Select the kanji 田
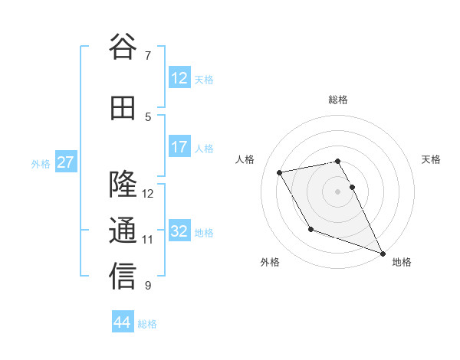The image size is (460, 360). pyautogui.click(x=123, y=108)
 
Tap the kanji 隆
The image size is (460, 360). pyautogui.click(x=123, y=185)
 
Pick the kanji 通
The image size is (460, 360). pyautogui.click(x=123, y=231)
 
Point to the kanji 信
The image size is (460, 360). pyautogui.click(x=123, y=277)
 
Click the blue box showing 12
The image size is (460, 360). pyautogui.click(x=179, y=77)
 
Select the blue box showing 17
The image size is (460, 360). pyautogui.click(x=179, y=147)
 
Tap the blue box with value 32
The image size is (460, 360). pyautogui.click(x=179, y=231)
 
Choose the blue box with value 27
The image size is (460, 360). pyautogui.click(x=66, y=162)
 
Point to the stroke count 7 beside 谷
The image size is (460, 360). pyautogui.click(x=148, y=55)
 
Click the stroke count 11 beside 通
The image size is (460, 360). pyautogui.click(x=148, y=239)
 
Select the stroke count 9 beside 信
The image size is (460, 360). pyautogui.click(x=148, y=286)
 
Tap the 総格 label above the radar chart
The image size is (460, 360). pyautogui.click(x=338, y=100)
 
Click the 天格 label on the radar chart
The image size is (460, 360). pyautogui.click(x=431, y=159)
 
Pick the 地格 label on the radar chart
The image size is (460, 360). pyautogui.click(x=402, y=262)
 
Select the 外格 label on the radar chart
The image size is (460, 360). pyautogui.click(x=270, y=262)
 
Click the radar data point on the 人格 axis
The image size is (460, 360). pyautogui.click(x=280, y=172)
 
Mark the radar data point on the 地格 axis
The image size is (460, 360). pyautogui.click(x=383, y=254)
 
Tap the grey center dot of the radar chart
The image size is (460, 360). pyautogui.click(x=338, y=191)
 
